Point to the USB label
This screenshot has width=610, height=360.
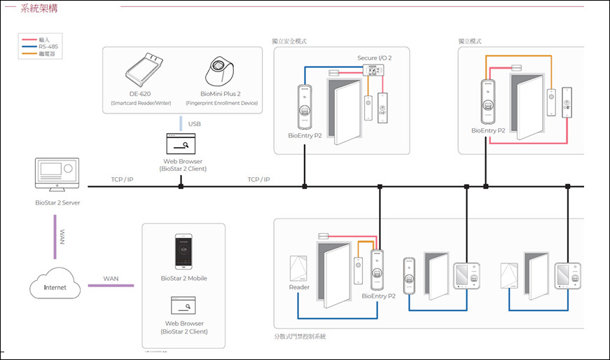point(195,124)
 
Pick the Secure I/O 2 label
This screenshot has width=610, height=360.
point(375,58)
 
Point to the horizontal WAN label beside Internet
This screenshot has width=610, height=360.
point(111,279)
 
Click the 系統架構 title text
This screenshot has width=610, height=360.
point(40,10)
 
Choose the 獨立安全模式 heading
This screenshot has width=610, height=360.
point(289,41)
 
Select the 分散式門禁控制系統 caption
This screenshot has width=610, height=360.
point(300,337)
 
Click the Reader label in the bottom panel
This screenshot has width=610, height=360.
point(299,286)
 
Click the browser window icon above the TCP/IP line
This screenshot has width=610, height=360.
point(181,144)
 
